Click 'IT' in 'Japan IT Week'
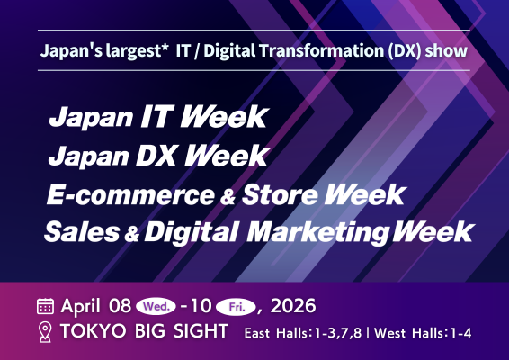click(147, 117)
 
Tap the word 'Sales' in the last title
click(83, 230)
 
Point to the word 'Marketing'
click(324, 230)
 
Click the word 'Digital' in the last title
click(183, 230)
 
